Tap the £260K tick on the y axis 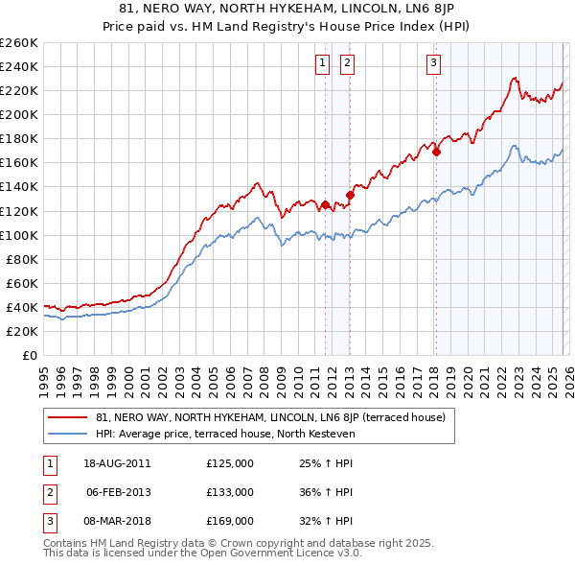[x=18, y=43]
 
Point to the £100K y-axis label [x=18, y=235]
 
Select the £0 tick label [x=28, y=355]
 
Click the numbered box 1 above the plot [x=321, y=64]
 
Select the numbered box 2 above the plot [x=346, y=64]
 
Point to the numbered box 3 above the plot [x=433, y=64]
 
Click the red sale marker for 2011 [x=325, y=204]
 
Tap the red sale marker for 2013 [x=350, y=196]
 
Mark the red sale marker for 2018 [x=436, y=152]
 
